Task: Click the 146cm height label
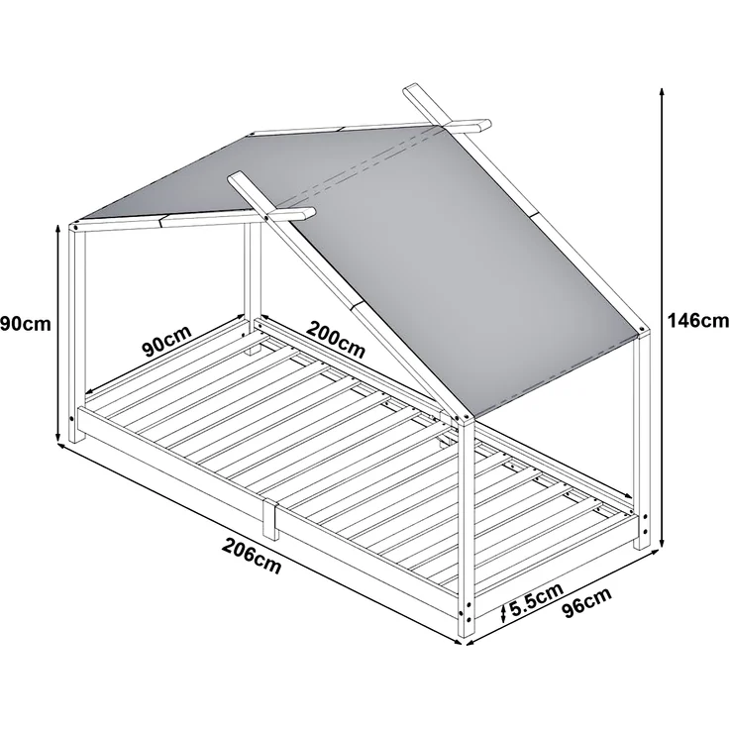coord(697,321)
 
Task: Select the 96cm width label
coord(587,603)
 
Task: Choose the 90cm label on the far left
coord(25,324)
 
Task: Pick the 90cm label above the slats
coord(167,341)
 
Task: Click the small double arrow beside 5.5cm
coord(503,614)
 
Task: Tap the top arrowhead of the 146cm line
coord(662,91)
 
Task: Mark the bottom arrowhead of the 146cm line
coord(662,544)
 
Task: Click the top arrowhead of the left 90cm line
coord(57,229)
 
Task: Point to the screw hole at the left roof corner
coord(75,227)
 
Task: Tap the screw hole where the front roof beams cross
coord(265,217)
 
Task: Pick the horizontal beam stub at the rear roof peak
coord(470,125)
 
